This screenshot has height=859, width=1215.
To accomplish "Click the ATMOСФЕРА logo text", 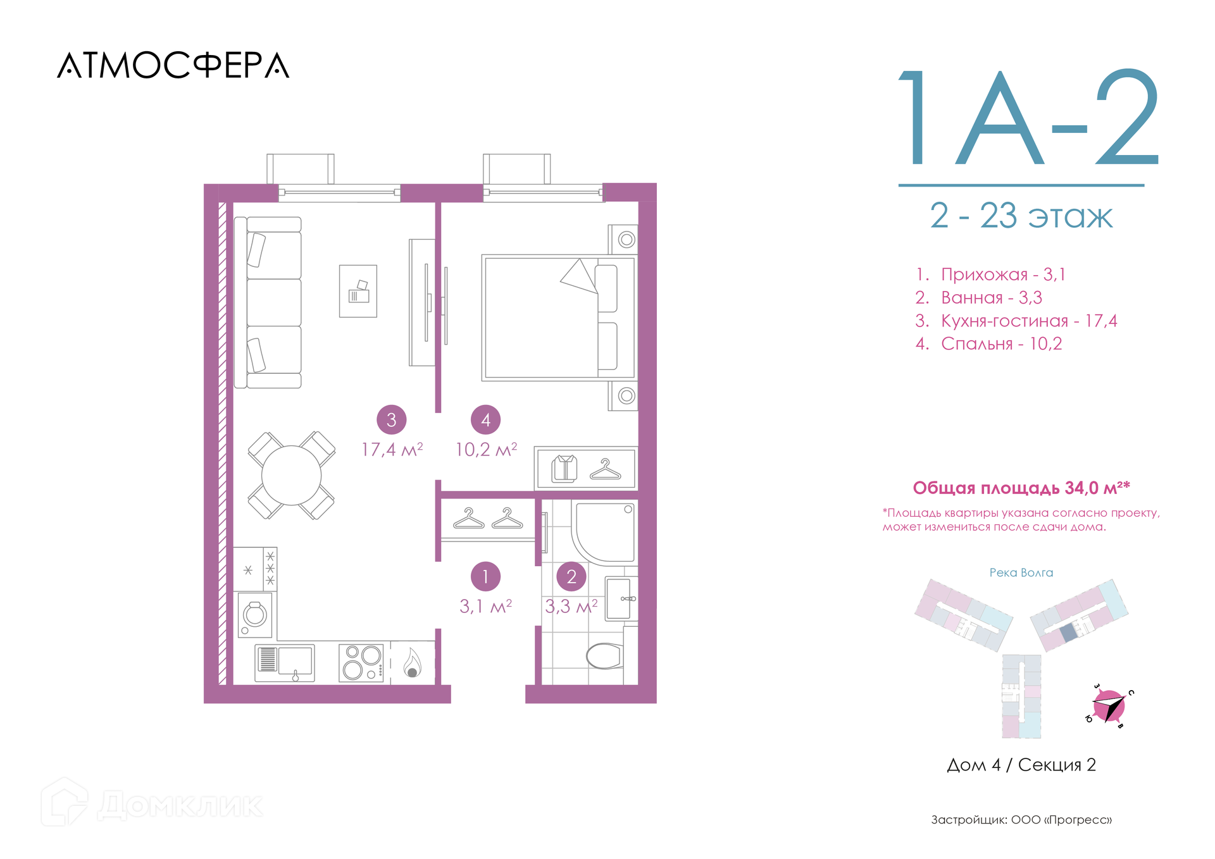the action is (x=173, y=65).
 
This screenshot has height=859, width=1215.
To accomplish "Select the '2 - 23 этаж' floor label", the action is (x=1021, y=216).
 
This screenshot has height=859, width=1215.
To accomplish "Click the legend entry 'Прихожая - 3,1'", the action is (x=990, y=275).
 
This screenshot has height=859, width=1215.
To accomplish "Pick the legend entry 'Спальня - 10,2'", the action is (x=988, y=343).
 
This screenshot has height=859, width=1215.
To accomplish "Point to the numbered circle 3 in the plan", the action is (x=391, y=419).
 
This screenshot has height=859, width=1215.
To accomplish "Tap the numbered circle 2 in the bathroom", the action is (x=571, y=576).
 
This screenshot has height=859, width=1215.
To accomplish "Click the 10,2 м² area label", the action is (x=486, y=449).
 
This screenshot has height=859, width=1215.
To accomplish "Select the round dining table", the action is (x=291, y=475).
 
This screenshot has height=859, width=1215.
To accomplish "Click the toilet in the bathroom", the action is (x=604, y=656).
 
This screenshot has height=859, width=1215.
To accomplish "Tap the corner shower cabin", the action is (x=604, y=531).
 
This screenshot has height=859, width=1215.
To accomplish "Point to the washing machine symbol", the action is (x=255, y=614).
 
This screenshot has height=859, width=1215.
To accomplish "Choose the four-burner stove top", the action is (x=361, y=662).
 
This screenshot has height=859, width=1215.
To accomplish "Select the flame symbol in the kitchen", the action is (x=412, y=663).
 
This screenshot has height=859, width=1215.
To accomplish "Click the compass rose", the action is (x=1109, y=707).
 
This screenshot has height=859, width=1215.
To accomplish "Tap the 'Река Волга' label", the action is (x=1021, y=572).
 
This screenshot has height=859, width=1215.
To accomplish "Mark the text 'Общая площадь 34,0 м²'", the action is (x=1021, y=488).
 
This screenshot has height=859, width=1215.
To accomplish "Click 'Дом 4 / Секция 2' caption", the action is (x=1021, y=765).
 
